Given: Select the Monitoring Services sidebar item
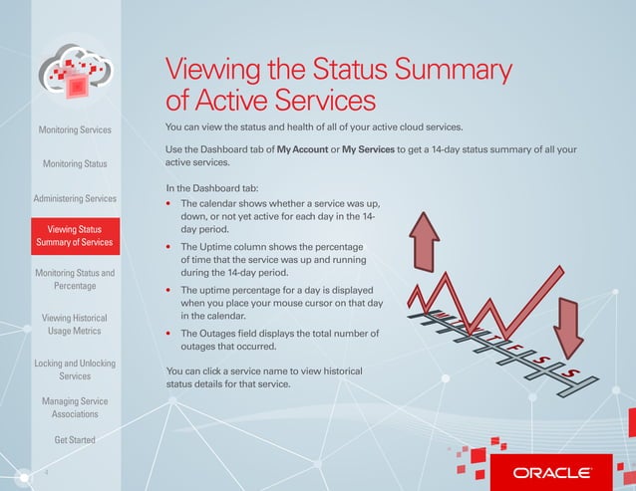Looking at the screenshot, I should tap(75, 129).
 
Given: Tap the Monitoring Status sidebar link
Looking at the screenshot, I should tap(75, 163).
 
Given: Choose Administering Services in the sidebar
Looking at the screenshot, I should tap(75, 198).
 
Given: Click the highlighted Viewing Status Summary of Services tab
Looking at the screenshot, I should tap(75, 235).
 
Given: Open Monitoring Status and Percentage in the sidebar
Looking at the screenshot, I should tap(75, 279).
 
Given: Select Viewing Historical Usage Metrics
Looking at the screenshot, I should tap(75, 324).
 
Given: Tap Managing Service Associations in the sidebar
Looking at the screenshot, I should tap(75, 408).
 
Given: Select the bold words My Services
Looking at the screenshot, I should tap(368, 149).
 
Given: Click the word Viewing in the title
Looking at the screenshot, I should tap(211, 71).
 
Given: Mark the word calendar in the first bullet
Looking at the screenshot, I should tap(225, 203).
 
